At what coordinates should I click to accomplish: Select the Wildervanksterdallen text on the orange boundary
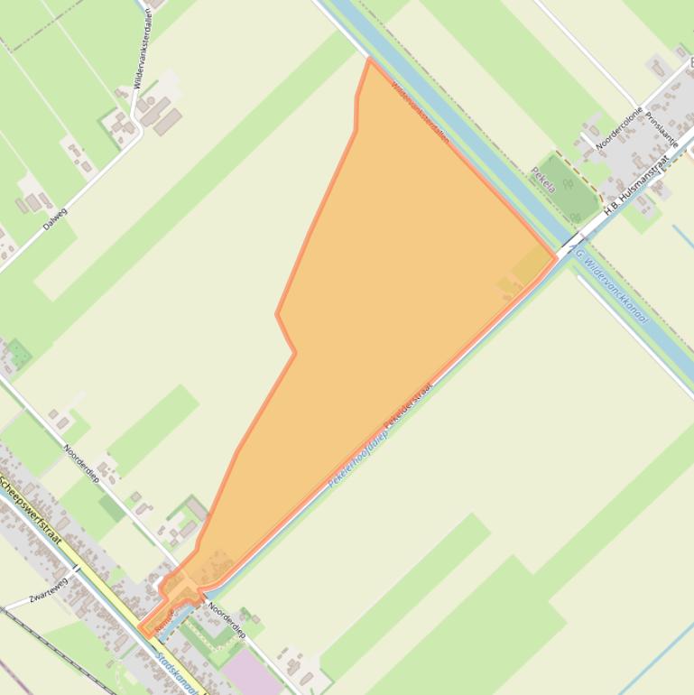click(420, 112)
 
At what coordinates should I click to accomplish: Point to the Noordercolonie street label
click(618, 127)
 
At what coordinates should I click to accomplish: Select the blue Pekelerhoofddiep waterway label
click(357, 459)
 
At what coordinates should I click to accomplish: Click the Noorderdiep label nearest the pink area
click(227, 620)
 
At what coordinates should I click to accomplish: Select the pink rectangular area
click(245, 673)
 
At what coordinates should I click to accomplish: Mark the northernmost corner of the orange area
click(369, 60)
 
